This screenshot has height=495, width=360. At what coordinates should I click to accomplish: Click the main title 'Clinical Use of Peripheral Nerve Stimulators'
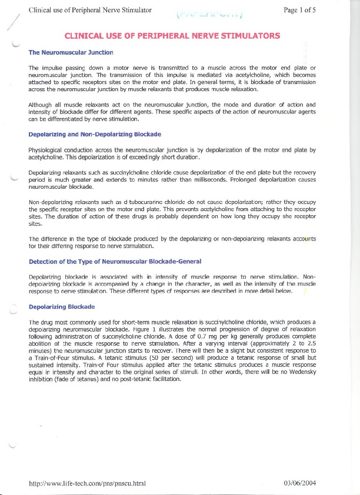(x=172, y=36)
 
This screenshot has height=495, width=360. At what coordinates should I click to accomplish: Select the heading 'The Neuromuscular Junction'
(x=71, y=52)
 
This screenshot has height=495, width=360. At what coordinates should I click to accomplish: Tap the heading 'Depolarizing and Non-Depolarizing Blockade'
(x=95, y=135)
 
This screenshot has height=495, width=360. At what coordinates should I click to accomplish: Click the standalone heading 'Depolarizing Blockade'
(x=62, y=307)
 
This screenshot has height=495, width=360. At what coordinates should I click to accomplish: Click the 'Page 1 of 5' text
(x=299, y=10)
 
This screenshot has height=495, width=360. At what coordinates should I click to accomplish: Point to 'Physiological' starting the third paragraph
(x=47, y=150)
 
